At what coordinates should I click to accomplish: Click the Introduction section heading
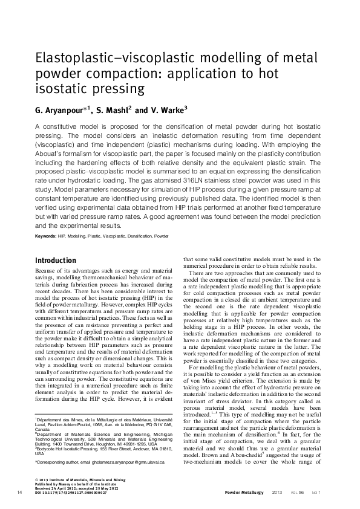pyautogui.click(x=56, y=261)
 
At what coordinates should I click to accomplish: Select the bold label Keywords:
pyautogui.click(x=45, y=235)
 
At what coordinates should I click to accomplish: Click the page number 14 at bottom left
pyautogui.click(x=20, y=493)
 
